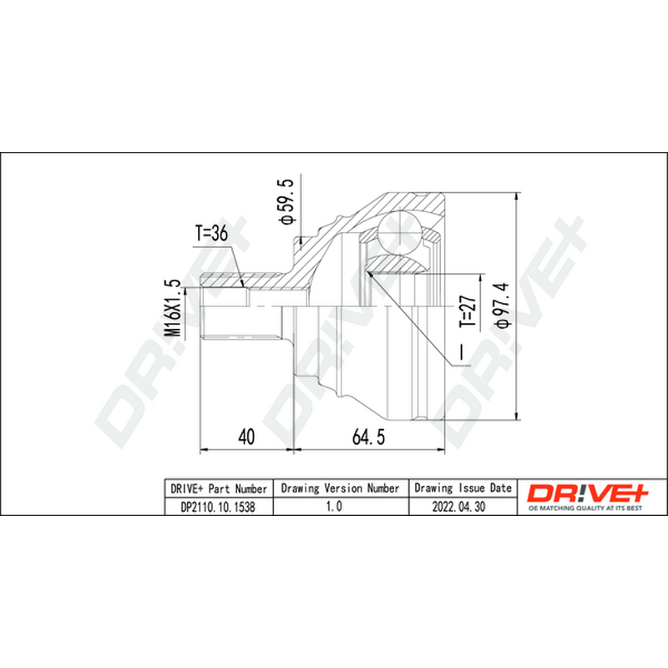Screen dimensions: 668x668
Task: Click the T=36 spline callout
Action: coord(212,233)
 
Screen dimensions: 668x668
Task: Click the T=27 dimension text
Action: coord(468,311)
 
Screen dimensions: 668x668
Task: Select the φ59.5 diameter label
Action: coord(286,201)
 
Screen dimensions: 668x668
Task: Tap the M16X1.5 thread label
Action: coord(173,307)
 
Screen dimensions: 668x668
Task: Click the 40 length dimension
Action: coord(246,437)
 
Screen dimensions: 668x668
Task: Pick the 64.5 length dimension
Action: coord(368,437)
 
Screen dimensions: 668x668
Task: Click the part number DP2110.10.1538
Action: coord(218,507)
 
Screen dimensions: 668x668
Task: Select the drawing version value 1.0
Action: coord(334,506)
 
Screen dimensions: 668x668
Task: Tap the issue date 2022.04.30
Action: coord(458,507)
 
